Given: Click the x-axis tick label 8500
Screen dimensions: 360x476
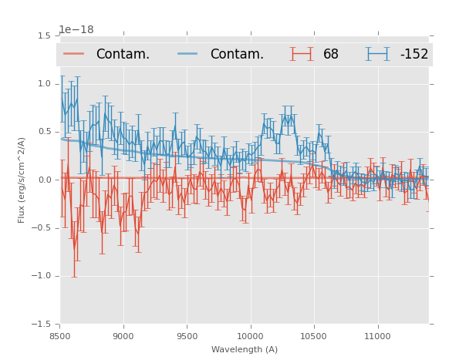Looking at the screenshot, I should [60, 335].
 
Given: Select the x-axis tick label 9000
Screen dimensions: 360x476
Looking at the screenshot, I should [123, 335].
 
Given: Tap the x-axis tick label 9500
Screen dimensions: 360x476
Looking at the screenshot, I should [187, 335].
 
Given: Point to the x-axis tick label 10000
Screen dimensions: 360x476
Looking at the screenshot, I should [250, 335].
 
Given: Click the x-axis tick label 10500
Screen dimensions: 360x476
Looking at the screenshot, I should [313, 335].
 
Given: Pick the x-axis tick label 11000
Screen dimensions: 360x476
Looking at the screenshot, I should [376, 335].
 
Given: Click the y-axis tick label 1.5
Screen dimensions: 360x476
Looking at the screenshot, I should [45, 36].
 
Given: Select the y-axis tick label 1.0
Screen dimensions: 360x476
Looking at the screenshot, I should [45, 84].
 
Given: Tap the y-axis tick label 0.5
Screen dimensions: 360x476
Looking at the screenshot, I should [45, 132].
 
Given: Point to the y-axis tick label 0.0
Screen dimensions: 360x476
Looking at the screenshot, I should [45, 180].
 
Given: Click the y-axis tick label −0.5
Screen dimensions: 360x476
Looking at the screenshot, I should [42, 228].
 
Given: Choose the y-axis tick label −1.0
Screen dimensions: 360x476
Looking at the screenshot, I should [42, 276].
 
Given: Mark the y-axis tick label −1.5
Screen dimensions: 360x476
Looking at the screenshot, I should [42, 324].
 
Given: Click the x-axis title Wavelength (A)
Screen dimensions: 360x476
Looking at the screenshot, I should [245, 349].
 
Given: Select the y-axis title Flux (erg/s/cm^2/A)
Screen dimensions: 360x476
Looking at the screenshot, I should [22, 180].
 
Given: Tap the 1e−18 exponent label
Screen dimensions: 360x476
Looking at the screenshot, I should [76, 30].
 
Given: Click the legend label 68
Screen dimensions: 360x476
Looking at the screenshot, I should [331, 55].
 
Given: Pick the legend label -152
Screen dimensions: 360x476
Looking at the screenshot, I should [414, 55].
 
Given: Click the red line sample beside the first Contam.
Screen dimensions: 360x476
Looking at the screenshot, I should [74, 54].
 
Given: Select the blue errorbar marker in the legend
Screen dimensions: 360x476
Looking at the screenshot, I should [377, 54].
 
